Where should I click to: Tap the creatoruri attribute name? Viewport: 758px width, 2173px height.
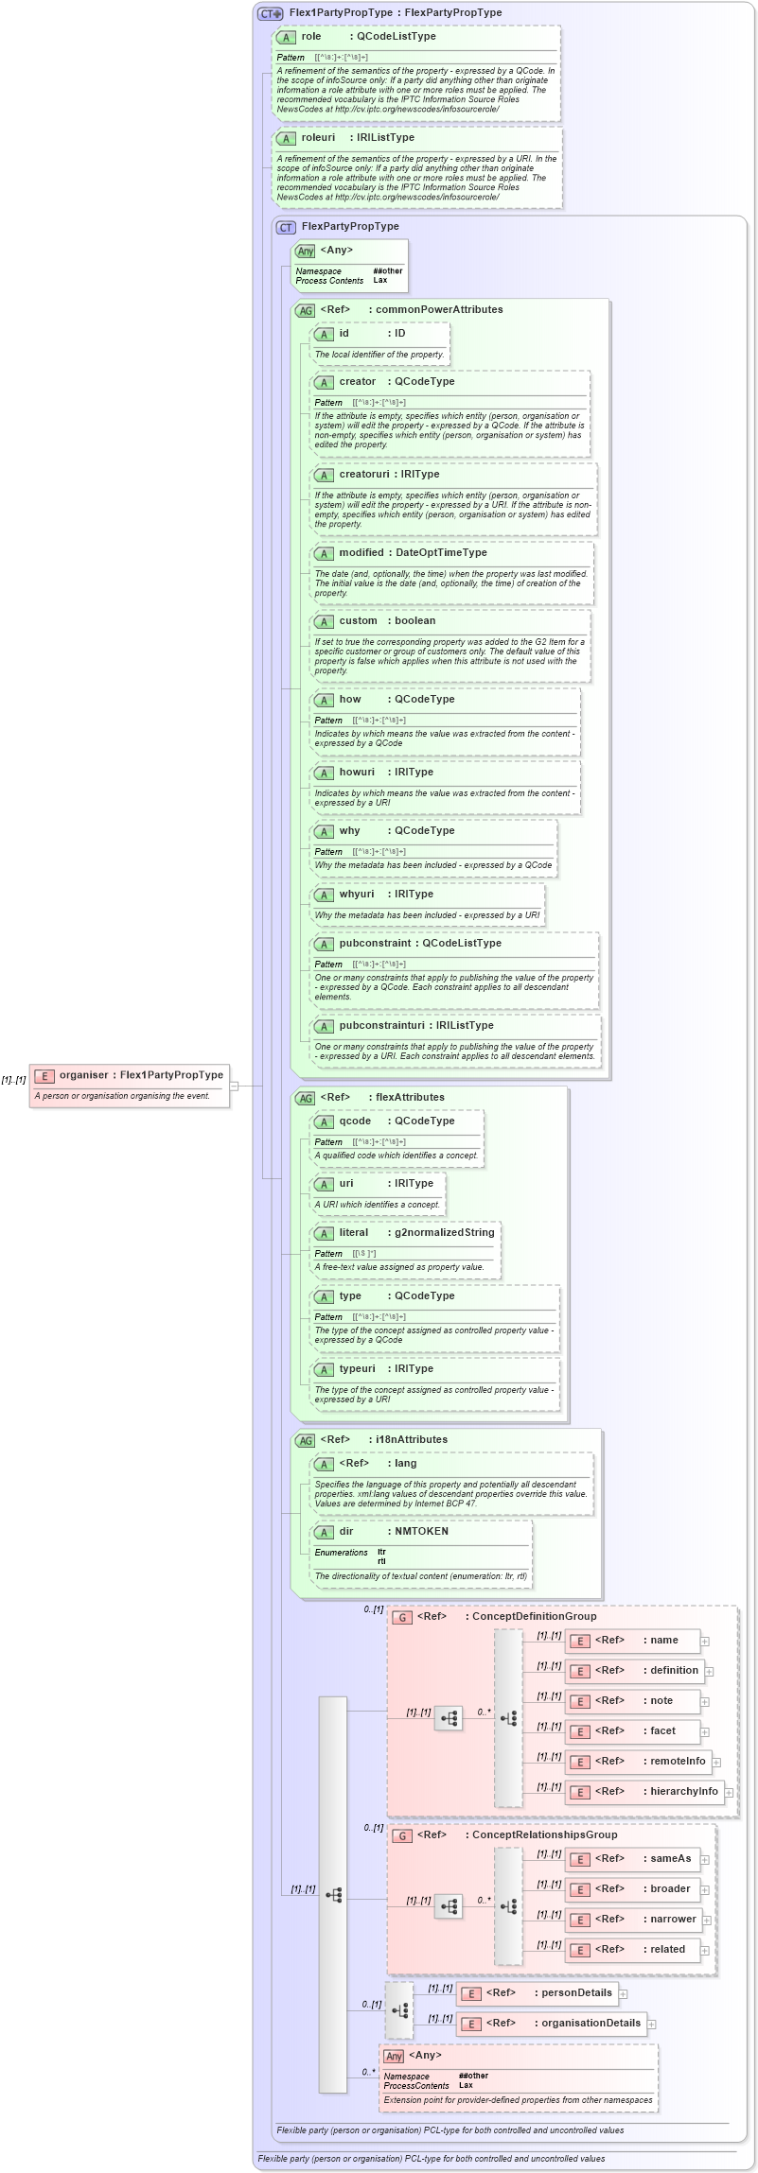pos(364,475)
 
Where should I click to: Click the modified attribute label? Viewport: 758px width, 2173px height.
pos(361,553)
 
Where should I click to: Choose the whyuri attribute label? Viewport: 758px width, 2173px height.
pos(357,895)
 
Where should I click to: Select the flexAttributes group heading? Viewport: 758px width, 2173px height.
pos(410,1098)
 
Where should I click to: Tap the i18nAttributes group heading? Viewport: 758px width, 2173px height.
pos(412,1440)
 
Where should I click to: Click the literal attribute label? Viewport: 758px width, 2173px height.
pos(354,1233)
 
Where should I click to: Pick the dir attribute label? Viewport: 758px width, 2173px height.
pos(346,1532)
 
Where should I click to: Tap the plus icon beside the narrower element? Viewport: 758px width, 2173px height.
pos(705,1921)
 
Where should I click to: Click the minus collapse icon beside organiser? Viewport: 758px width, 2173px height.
pos(234,1086)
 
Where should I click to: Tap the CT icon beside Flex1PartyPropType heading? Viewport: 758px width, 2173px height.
pos(271,13)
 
